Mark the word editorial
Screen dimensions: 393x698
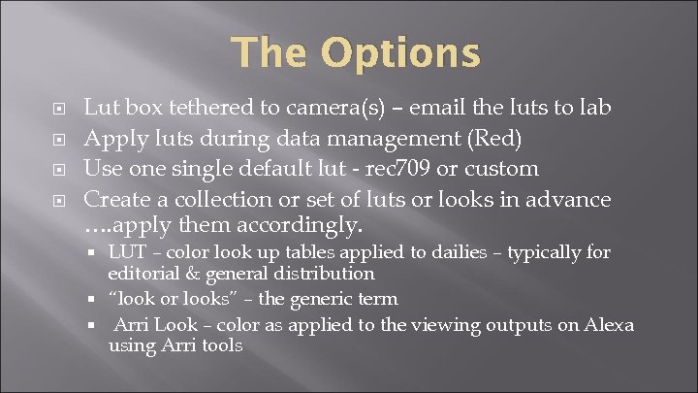(x=143, y=274)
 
